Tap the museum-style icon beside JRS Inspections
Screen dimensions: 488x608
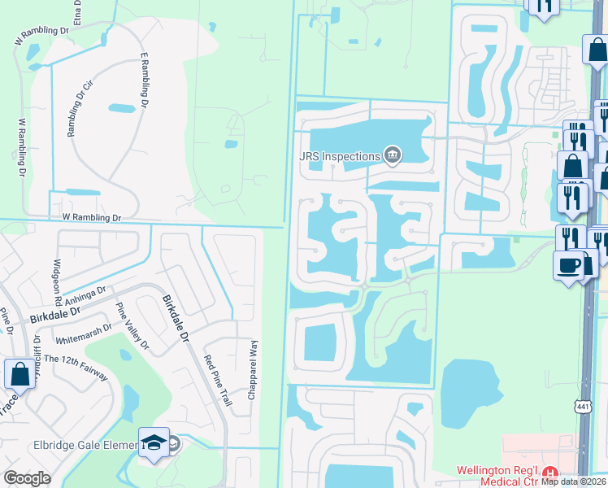[x=393, y=155]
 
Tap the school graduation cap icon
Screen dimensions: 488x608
[x=154, y=442]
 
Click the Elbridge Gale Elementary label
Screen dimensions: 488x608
[x=80, y=445]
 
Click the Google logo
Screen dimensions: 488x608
[x=27, y=478]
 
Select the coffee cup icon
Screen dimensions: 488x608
[x=567, y=264]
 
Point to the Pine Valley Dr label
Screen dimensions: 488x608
[x=132, y=325]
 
